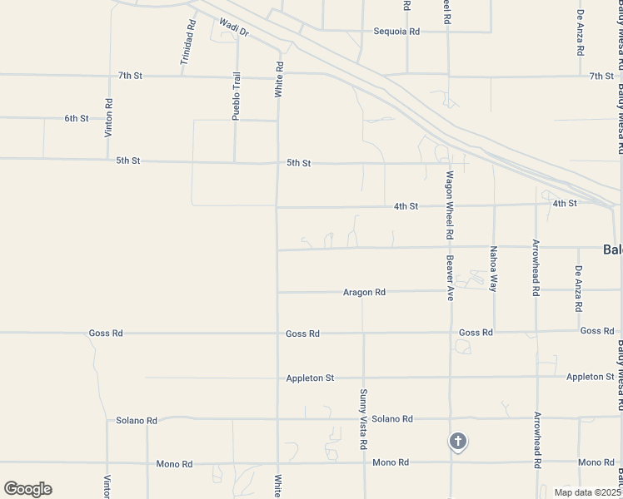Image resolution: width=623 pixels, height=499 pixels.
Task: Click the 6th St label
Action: [77, 119]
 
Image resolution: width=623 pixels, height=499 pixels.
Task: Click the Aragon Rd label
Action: [365, 293]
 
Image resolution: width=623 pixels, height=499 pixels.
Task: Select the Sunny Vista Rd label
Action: [363, 419]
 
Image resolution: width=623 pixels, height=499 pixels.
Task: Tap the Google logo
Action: [27, 489]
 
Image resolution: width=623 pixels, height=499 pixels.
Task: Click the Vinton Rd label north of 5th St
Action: [108, 117]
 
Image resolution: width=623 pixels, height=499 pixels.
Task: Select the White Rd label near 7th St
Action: [280, 81]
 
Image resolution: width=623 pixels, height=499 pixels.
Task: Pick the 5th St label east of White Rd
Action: [298, 164]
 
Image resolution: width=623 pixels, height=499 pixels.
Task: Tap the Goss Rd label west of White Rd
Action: [106, 333]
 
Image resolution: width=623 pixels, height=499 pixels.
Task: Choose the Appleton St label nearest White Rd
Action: [310, 378]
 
